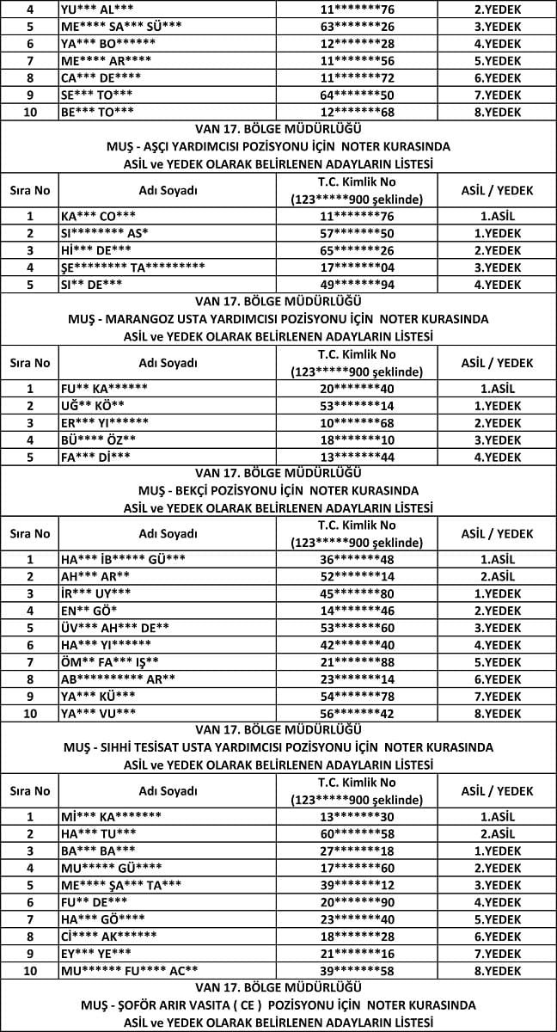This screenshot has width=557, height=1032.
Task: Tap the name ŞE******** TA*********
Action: pyautogui.click(x=132, y=267)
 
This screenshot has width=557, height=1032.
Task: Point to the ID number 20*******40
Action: pyautogui.click(x=356, y=389)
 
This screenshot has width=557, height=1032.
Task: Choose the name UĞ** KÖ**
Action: pyautogui.click(x=93, y=406)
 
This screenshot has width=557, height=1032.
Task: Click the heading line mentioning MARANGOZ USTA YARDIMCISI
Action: pyautogui.click(x=278, y=319)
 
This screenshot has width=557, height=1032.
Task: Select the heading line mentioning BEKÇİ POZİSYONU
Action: pyautogui.click(x=278, y=491)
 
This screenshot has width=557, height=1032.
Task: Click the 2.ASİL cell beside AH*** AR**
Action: pyautogui.click(x=498, y=577)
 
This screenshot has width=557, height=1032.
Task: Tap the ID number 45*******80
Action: pyautogui.click(x=356, y=594)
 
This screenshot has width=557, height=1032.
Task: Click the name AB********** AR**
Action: pyautogui.click(x=118, y=679)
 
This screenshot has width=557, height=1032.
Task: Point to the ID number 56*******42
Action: pyautogui.click(x=356, y=714)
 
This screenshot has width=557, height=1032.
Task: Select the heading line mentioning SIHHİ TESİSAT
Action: pyautogui.click(x=278, y=747)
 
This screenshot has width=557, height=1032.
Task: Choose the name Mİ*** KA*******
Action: pyautogui.click(x=112, y=817)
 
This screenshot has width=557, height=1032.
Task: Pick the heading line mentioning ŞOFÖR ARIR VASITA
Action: pyautogui.click(x=278, y=1004)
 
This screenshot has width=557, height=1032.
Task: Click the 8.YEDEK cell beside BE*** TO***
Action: pyautogui.click(x=498, y=112)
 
